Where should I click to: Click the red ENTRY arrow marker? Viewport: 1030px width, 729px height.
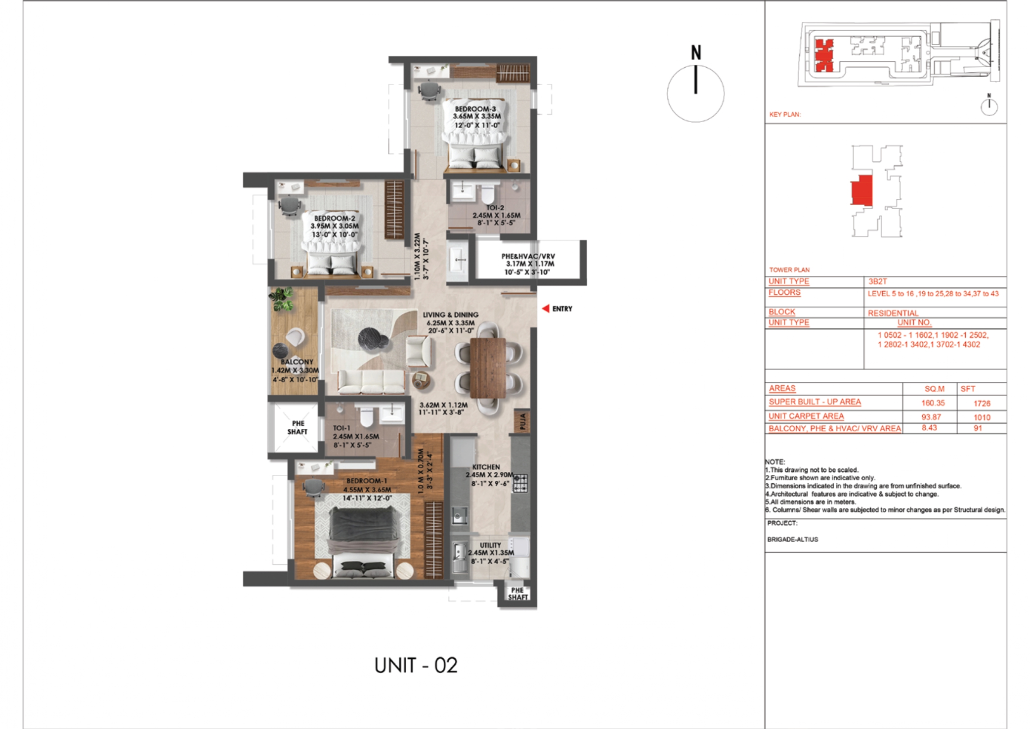point(546,309)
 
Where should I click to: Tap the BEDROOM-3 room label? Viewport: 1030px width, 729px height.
point(474,109)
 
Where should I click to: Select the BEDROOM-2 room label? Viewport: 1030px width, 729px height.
point(335,218)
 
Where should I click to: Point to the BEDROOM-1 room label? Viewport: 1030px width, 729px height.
point(367,481)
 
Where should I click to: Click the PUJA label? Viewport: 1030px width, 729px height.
point(522,421)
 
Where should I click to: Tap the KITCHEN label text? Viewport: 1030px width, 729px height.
point(486,467)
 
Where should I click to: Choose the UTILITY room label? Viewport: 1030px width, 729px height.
point(490,545)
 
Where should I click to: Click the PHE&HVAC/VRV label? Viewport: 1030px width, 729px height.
point(528,256)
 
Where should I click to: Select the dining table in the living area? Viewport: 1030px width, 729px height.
point(488,367)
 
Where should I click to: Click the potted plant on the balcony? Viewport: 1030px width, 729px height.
point(281,299)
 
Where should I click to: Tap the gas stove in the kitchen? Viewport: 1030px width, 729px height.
point(520,483)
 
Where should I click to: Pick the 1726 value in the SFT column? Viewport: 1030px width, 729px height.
point(982,404)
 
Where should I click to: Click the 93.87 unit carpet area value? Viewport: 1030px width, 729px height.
point(931,417)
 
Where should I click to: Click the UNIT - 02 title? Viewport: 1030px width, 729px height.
point(416,666)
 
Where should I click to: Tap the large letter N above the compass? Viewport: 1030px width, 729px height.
point(696,52)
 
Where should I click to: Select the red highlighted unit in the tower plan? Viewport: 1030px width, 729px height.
point(861,190)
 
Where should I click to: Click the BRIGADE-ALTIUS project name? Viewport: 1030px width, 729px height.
point(792,540)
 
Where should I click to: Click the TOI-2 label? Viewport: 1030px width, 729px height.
point(495,208)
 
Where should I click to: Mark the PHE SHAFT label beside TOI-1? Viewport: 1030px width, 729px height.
point(298,427)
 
